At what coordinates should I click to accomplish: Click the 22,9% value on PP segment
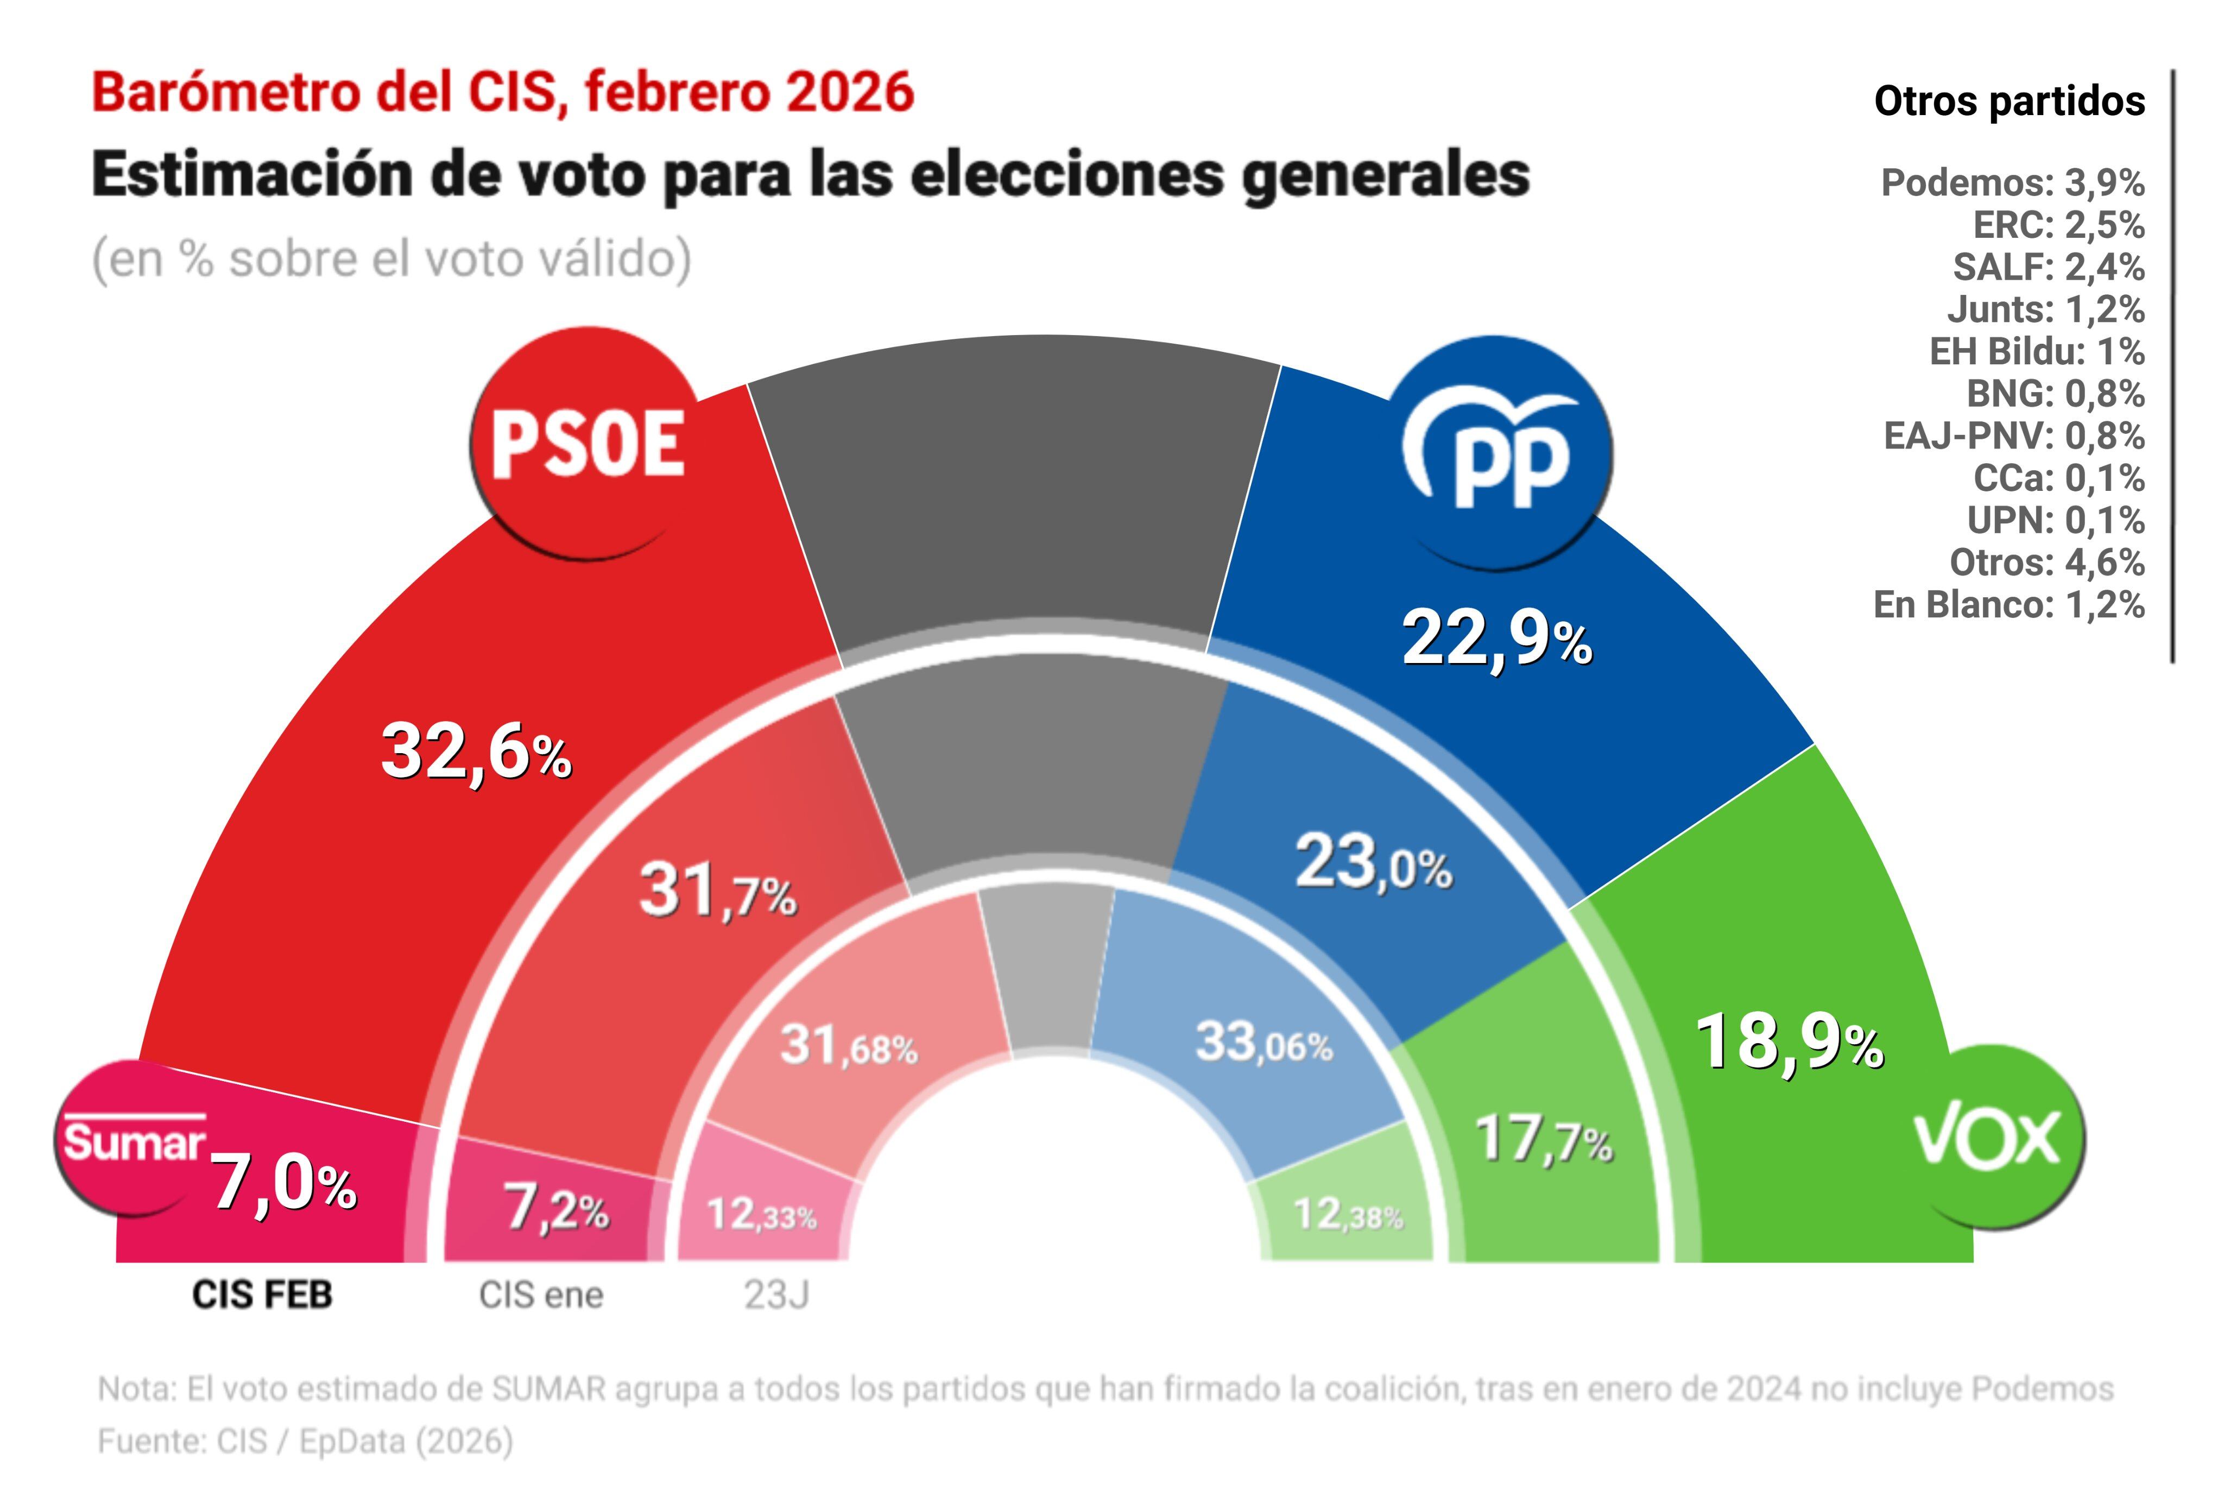click(1496, 640)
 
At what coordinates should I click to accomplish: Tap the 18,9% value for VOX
click(1788, 1043)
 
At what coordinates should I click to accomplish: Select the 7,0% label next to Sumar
click(283, 1184)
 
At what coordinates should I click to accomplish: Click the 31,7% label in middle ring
click(717, 892)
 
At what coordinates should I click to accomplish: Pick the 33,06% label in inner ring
click(1263, 1043)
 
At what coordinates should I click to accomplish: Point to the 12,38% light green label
click(1347, 1214)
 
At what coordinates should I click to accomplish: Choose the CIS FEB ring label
click(262, 1295)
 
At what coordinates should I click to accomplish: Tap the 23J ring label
click(776, 1295)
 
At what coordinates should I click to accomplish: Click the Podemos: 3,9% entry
click(2012, 182)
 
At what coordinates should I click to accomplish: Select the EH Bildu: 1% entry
click(2036, 352)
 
